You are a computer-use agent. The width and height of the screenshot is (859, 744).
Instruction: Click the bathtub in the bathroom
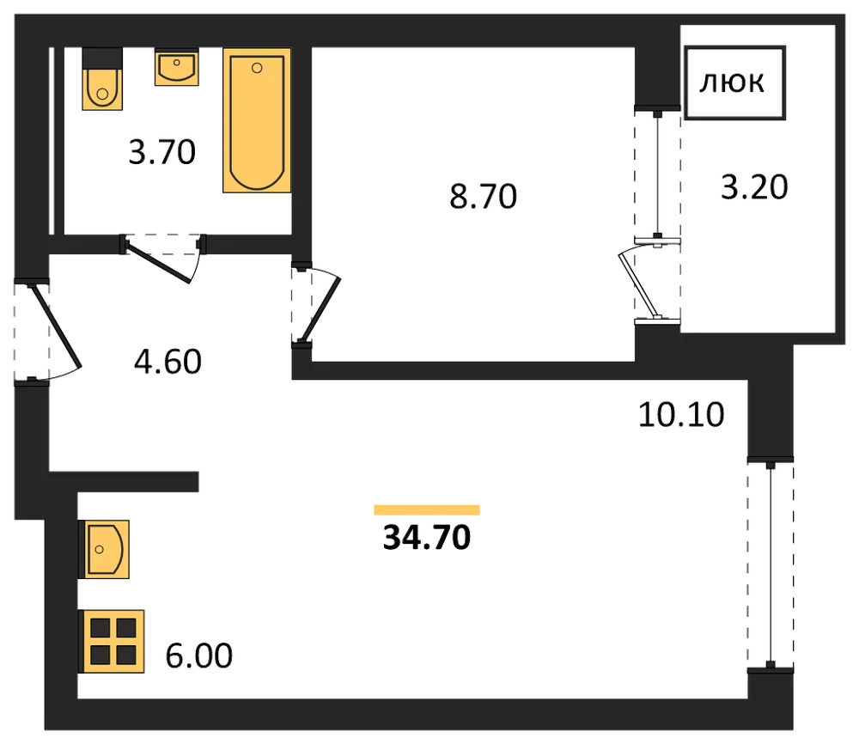tap(256, 120)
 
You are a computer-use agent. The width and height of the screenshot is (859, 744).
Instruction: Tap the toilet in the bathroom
tap(102, 79)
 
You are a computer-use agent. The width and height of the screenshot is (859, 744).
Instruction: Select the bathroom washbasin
tap(176, 67)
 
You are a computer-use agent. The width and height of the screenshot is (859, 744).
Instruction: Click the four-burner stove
tap(113, 641)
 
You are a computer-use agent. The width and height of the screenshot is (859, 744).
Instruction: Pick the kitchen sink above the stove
tap(105, 550)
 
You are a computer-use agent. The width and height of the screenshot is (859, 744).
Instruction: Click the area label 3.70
tap(162, 152)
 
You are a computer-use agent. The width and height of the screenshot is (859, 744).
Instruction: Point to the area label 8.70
tap(483, 197)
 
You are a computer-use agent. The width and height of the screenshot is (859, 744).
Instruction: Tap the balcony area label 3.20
tap(754, 186)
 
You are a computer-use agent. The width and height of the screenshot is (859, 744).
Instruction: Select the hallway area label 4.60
tap(168, 362)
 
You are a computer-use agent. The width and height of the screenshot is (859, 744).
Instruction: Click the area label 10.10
tap(681, 415)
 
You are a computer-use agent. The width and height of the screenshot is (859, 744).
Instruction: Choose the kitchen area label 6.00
tap(199, 656)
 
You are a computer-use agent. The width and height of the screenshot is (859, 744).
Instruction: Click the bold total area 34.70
tap(427, 538)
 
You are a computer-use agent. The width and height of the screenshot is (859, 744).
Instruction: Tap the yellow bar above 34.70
tap(427, 510)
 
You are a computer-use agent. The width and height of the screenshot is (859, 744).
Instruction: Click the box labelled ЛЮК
tap(735, 82)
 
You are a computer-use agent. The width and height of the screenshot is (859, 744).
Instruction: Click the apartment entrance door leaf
tap(57, 326)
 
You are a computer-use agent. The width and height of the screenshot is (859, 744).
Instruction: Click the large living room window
tap(771, 564)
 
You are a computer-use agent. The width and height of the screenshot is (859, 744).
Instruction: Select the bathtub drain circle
tap(257, 69)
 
